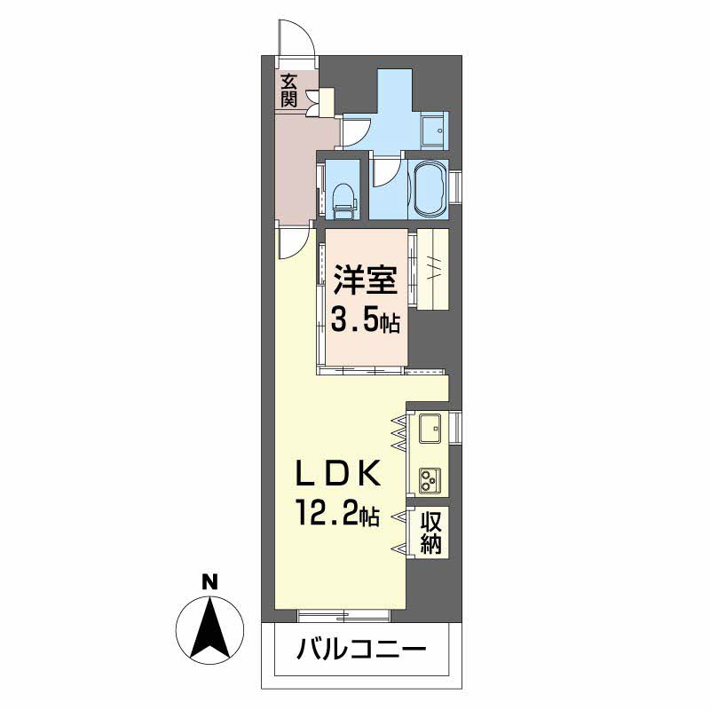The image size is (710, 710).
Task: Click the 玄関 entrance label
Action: pos(289,90)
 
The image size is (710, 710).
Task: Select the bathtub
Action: pos(427,187)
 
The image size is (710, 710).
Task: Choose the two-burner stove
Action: pos(430,480)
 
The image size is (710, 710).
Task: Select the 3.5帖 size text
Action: pos(364,318)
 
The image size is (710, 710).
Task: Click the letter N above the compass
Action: pos(210,583)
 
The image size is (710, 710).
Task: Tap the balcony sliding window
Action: pos(344,613)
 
